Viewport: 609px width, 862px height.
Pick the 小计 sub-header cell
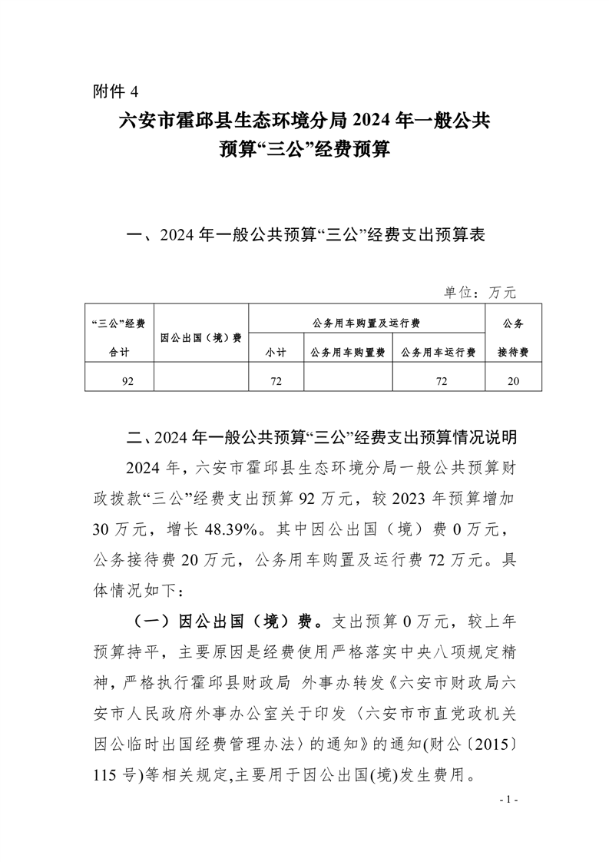(x=276, y=353)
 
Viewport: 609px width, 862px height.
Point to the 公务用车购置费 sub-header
(x=348, y=353)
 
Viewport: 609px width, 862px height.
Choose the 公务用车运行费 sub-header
(x=439, y=353)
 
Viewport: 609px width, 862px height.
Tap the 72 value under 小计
(x=276, y=380)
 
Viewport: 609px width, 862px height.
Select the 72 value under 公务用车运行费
(x=439, y=380)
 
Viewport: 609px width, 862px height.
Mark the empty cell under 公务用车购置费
(x=348, y=380)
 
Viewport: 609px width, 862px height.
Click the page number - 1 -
(x=509, y=800)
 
